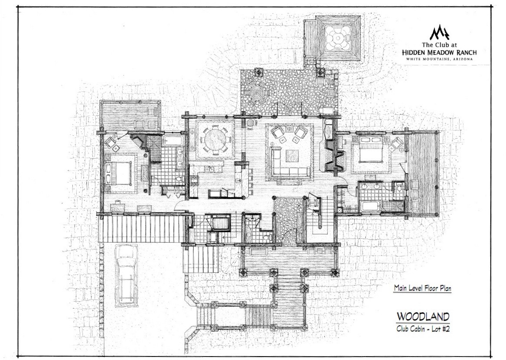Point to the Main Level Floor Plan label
coord(422,288)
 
